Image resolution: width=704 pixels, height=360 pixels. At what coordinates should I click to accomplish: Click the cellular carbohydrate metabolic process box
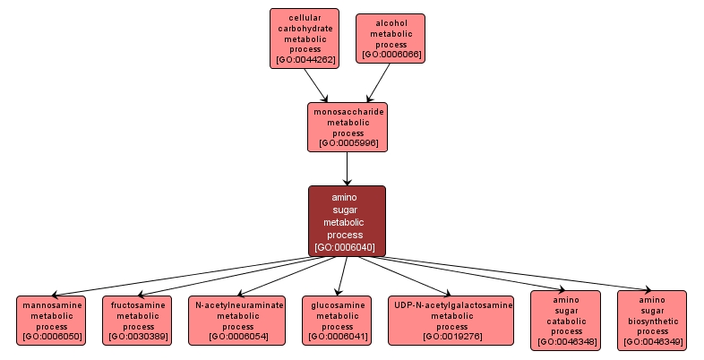pos(305,39)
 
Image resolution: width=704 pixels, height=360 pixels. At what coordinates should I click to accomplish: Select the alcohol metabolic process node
pos(391,38)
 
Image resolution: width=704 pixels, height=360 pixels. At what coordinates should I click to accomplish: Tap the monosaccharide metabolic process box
pos(348,126)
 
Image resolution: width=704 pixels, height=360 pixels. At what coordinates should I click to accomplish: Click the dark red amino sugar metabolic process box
pos(347,221)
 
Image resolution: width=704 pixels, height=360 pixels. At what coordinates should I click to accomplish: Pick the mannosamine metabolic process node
pos(51,321)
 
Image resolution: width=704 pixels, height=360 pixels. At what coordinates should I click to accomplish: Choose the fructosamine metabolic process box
pos(137,321)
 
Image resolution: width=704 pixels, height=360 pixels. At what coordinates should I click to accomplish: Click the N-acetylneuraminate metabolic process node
pos(236,321)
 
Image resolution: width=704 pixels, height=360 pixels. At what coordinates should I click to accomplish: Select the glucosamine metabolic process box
pos(337,321)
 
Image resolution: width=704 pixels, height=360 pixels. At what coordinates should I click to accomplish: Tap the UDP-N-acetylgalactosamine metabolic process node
pos(451,321)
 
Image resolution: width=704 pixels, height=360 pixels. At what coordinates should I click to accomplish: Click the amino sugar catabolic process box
pos(565,320)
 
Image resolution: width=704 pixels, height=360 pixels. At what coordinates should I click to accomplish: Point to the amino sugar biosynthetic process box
pos(652,320)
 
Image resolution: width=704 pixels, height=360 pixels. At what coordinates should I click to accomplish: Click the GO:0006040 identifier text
pos(347,247)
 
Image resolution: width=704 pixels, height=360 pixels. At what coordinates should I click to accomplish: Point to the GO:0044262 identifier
pos(305,60)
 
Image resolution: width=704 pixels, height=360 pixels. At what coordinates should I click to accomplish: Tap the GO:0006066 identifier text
pos(391,55)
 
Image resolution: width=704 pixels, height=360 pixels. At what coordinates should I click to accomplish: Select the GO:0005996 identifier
pos(348,142)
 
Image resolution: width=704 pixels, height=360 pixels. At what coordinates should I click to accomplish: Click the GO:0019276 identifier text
pos(451,337)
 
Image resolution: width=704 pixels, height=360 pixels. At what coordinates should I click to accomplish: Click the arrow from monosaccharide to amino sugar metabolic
pos(347,167)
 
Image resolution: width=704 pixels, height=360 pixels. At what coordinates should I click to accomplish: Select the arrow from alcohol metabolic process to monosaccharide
pos(370,81)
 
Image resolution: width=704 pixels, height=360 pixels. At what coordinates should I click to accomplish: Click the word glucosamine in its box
pos(337,304)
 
